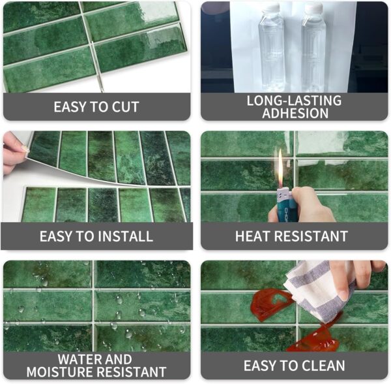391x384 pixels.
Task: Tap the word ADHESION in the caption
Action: coord(295,113)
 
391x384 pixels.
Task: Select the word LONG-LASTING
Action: coord(295,101)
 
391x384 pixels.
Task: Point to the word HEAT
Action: coord(258,236)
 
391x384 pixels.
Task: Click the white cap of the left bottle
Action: coord(272,8)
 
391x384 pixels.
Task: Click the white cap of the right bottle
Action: coord(313,8)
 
